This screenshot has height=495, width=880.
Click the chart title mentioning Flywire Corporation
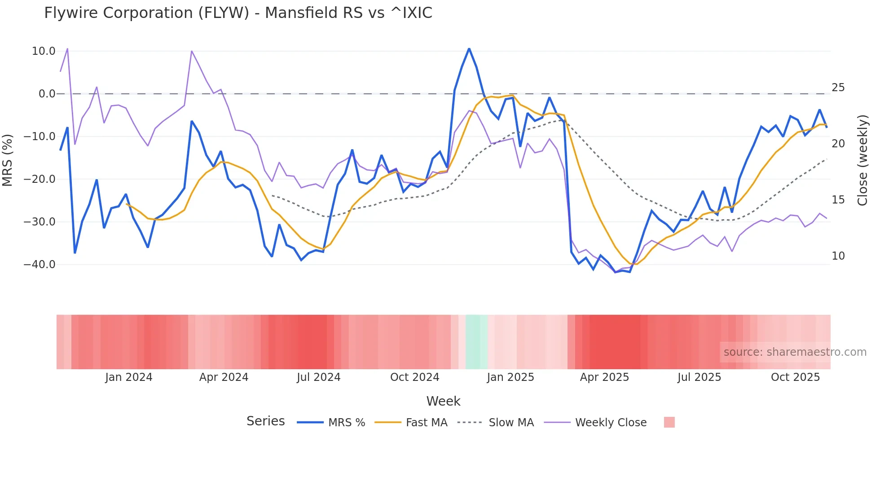click(x=238, y=13)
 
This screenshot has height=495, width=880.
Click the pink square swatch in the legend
click(x=669, y=422)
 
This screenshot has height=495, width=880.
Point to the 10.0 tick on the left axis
click(x=44, y=51)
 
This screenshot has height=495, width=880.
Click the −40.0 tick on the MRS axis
click(x=40, y=265)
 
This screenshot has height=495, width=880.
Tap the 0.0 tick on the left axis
click(x=47, y=94)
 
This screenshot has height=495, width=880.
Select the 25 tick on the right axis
click(x=838, y=88)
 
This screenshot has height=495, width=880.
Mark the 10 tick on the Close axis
click(x=838, y=256)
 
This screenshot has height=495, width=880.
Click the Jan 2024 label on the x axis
click(x=129, y=377)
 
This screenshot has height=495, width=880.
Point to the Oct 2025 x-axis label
click(x=795, y=377)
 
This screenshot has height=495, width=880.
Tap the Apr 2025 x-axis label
click(x=604, y=377)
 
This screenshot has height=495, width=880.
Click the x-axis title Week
click(x=443, y=401)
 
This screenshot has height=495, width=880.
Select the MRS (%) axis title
click(x=8, y=160)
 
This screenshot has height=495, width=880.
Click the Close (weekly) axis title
click(x=862, y=160)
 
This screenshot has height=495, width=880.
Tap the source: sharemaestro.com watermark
click(x=795, y=352)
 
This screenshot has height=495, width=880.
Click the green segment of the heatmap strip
click(x=476, y=342)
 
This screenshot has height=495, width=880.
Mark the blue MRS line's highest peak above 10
click(x=469, y=49)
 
